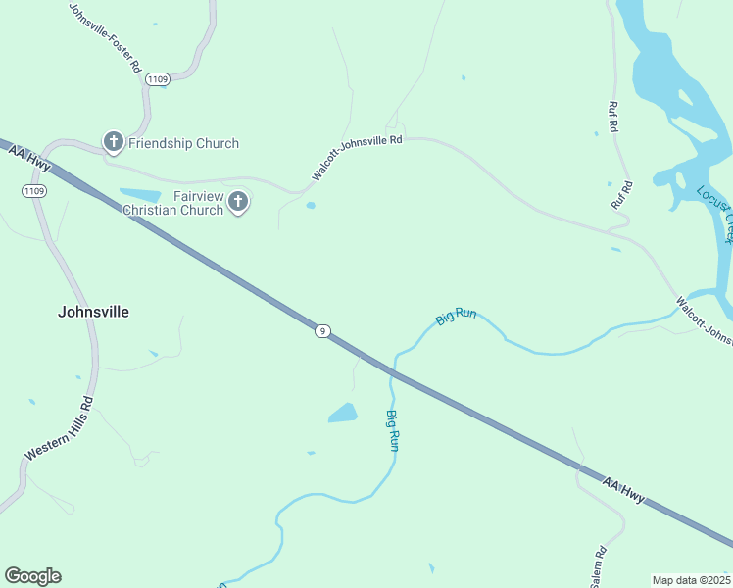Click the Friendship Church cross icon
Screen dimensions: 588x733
(x=113, y=143)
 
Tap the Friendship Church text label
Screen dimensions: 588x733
(x=183, y=143)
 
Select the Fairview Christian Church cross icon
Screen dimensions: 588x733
(x=238, y=203)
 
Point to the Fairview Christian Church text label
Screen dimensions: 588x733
(x=172, y=203)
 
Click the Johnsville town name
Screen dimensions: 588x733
(x=93, y=312)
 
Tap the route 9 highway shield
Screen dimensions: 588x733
(x=321, y=331)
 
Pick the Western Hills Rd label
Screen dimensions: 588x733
(x=59, y=427)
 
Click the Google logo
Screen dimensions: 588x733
(x=32, y=576)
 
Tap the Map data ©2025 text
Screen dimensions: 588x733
(x=691, y=580)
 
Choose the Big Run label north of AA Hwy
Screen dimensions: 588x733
(x=456, y=317)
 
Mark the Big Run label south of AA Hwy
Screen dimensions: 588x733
(x=393, y=430)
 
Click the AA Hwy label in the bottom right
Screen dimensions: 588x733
(x=623, y=490)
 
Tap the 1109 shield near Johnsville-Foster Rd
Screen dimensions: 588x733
(x=157, y=78)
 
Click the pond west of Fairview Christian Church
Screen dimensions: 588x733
(x=139, y=195)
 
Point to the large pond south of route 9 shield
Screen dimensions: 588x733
(x=343, y=414)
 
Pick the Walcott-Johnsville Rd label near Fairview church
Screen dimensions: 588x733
(x=357, y=157)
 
